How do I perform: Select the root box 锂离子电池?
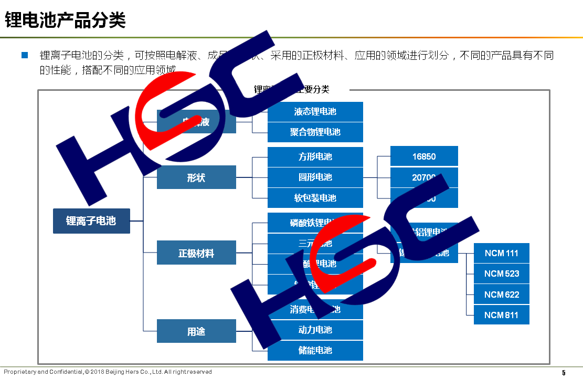coord(91,221)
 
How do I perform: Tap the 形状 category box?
coord(196,177)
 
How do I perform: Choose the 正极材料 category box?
coord(196,254)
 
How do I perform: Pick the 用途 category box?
coord(196,332)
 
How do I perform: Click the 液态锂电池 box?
coord(315,112)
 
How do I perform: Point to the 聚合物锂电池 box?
coord(315,132)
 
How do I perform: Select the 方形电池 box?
coord(315,157)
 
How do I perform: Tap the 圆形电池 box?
coord(315,177)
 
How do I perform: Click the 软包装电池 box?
coord(315,198)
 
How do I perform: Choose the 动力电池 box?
coord(315,330)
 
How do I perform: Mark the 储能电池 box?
coord(315,350)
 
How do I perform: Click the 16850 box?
coord(424,156)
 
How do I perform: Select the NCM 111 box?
coord(501,253)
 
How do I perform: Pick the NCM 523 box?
coord(501,274)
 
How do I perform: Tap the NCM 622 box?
coord(501,295)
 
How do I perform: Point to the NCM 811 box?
coord(501,315)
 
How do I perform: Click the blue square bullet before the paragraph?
coord(24,55)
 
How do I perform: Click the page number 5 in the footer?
coord(564,373)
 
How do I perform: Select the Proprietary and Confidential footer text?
coord(108,372)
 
